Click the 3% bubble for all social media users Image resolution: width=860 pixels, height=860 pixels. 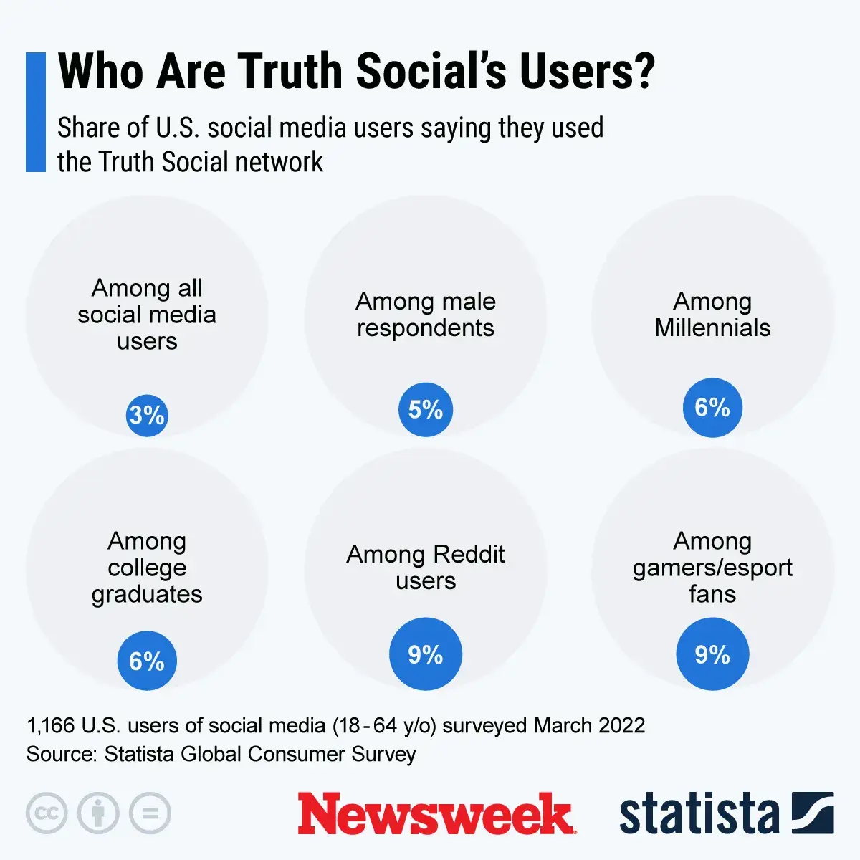(x=147, y=415)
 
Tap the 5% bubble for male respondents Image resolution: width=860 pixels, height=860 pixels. (x=426, y=409)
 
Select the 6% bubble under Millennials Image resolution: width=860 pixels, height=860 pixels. (x=712, y=407)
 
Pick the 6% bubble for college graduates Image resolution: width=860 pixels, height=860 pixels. (x=147, y=661)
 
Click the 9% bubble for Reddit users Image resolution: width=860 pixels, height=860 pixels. (x=426, y=654)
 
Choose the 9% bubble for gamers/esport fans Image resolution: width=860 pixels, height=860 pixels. (x=712, y=654)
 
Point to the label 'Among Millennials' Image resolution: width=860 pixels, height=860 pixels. (x=712, y=314)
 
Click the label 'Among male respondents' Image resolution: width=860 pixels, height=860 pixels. (x=426, y=314)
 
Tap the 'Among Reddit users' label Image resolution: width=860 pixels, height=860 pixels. (x=426, y=567)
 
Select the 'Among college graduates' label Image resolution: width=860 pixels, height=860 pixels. (x=147, y=567)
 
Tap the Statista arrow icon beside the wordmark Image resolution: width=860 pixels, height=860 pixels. (x=813, y=813)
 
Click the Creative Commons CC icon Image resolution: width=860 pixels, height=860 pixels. (x=47, y=813)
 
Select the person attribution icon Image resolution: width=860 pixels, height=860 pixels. (x=98, y=813)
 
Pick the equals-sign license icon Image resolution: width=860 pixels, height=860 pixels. (x=150, y=813)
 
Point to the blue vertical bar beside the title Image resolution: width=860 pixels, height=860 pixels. (x=36, y=112)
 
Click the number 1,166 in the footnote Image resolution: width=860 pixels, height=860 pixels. (x=51, y=725)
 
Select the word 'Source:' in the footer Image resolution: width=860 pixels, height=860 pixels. (x=62, y=754)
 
